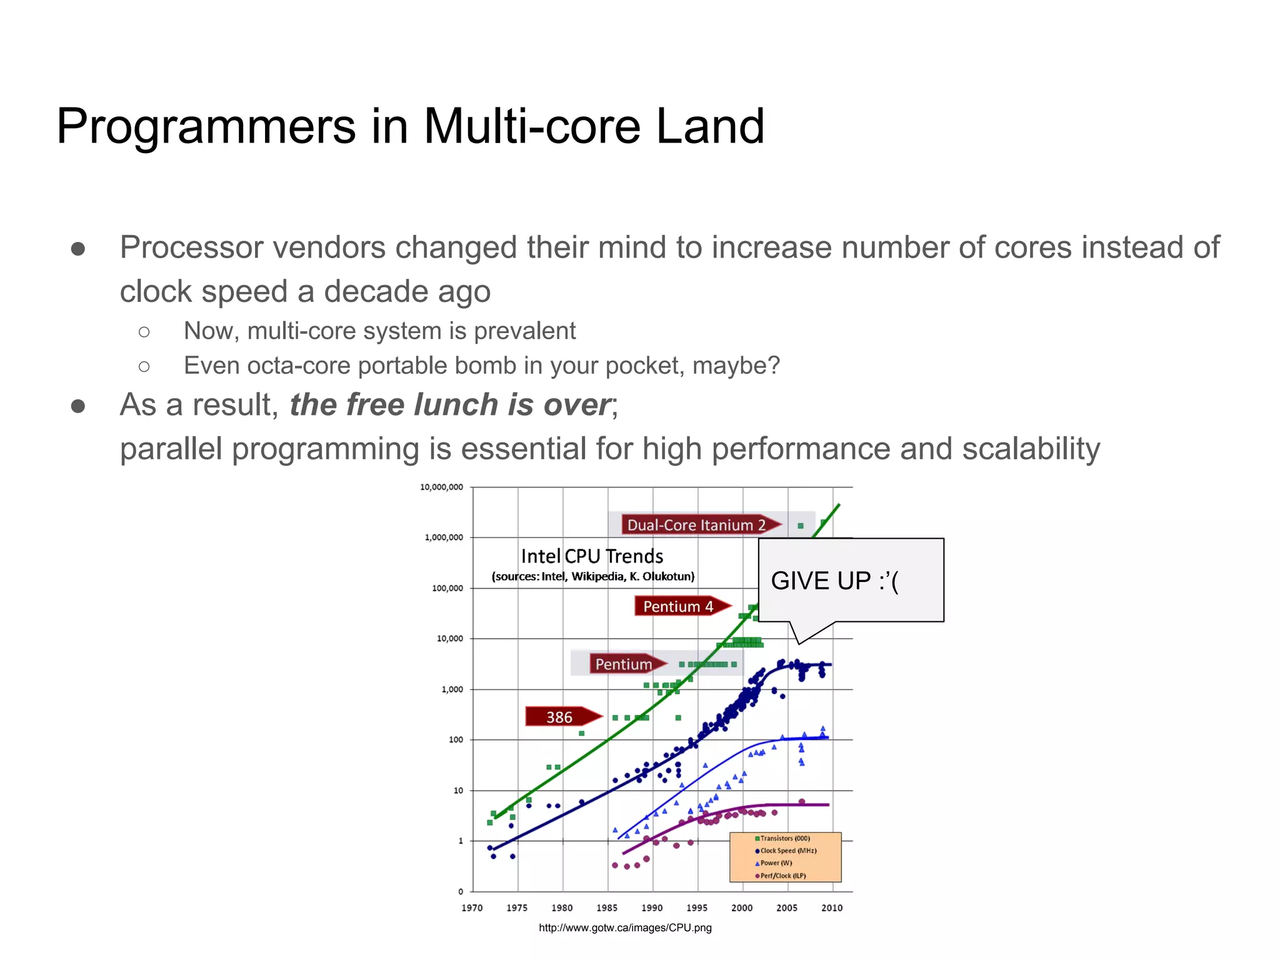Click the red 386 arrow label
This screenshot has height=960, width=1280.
(560, 717)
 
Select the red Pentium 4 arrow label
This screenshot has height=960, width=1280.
(679, 606)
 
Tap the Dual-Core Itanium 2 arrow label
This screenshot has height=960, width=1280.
(697, 525)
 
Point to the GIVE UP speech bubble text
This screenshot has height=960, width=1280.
(834, 581)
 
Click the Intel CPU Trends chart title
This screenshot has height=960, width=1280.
(592, 556)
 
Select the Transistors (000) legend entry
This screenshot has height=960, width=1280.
(785, 839)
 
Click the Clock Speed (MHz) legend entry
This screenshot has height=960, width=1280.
(788, 851)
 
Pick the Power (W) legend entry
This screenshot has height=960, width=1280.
(776, 863)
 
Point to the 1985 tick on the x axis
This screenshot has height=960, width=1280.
(607, 908)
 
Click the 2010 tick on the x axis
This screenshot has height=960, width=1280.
(832, 908)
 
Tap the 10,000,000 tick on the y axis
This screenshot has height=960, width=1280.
(441, 487)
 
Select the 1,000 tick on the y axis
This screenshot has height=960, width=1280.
(452, 689)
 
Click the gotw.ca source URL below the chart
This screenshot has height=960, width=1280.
(625, 928)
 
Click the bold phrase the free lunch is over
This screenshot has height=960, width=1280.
(450, 405)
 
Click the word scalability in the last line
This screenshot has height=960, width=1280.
(1031, 449)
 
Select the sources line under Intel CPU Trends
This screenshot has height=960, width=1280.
(593, 576)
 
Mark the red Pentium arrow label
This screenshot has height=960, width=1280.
(623, 664)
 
